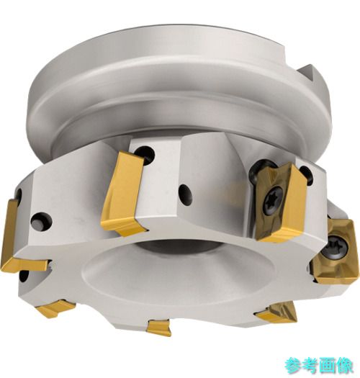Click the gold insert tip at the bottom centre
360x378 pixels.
coord(159,327)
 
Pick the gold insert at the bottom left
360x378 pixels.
coord(57,308)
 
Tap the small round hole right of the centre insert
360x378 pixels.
coord(186,195)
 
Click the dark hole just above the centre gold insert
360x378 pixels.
coord(145,154)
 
